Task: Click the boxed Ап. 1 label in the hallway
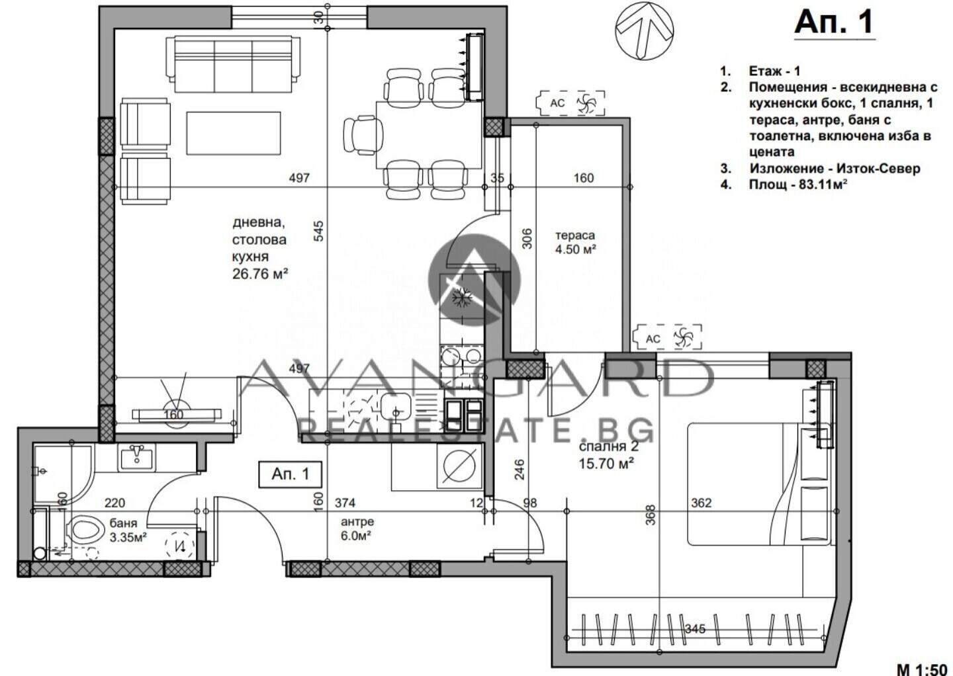pos(291,474)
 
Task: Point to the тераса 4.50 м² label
pos(575,242)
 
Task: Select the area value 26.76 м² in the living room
pos(260,275)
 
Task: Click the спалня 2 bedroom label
pos(609,446)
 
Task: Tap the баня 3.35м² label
pos(128,530)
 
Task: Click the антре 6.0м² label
pos(357,528)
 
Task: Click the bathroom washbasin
pos(136,458)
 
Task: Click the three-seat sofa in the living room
pos(233,64)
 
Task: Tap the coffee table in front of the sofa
pos(234,133)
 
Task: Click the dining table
pos(429,135)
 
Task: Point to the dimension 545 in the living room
pos(319,231)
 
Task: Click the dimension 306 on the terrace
pos(526,239)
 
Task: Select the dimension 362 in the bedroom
pos(701,503)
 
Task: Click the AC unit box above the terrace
pos(570,103)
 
